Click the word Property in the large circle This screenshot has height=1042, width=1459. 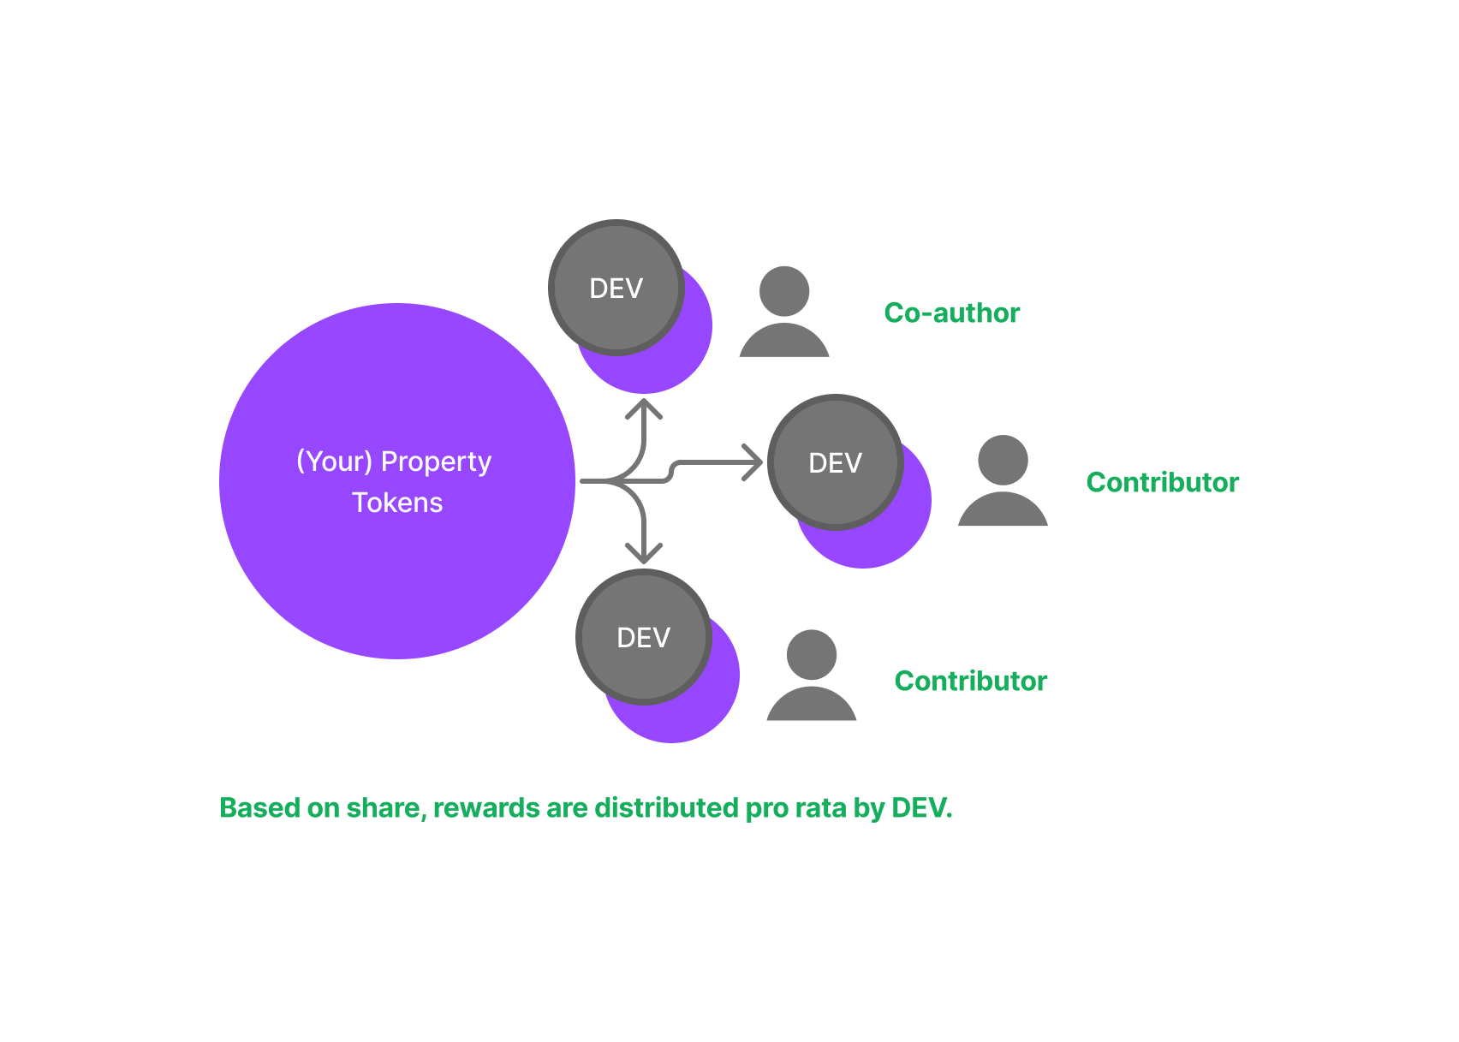pyautogui.click(x=436, y=462)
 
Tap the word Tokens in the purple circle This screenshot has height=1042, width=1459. pyautogui.click(x=397, y=503)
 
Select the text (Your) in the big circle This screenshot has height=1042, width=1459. pyautogui.click(x=334, y=462)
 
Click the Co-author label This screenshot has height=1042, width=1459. pyautogui.click(x=951, y=313)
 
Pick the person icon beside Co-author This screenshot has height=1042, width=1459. pyautogui.click(x=784, y=313)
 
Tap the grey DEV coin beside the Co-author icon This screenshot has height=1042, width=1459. pyautogui.click(x=616, y=289)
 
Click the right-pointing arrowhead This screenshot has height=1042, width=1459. pyautogui.click(x=753, y=462)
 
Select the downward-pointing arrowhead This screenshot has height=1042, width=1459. pyautogui.click(x=644, y=553)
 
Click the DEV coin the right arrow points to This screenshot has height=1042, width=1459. pyautogui.click(x=835, y=463)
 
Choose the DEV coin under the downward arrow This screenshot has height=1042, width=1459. pyautogui.click(x=644, y=638)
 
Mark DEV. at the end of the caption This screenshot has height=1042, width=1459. pyautogui.click(x=922, y=808)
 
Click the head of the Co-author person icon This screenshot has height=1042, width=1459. pyautogui.click(x=784, y=291)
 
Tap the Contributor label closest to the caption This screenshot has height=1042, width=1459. pyautogui.click(x=970, y=682)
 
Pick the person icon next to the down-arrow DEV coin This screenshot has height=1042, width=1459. pyautogui.click(x=811, y=676)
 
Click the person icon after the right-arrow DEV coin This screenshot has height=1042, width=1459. pyautogui.click(x=1003, y=481)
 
